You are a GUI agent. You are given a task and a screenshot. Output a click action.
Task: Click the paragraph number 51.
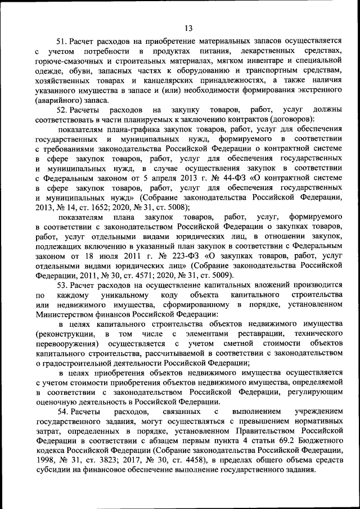62,42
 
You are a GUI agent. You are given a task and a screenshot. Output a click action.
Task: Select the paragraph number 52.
62,109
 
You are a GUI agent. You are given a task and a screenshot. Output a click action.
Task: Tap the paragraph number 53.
62,286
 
